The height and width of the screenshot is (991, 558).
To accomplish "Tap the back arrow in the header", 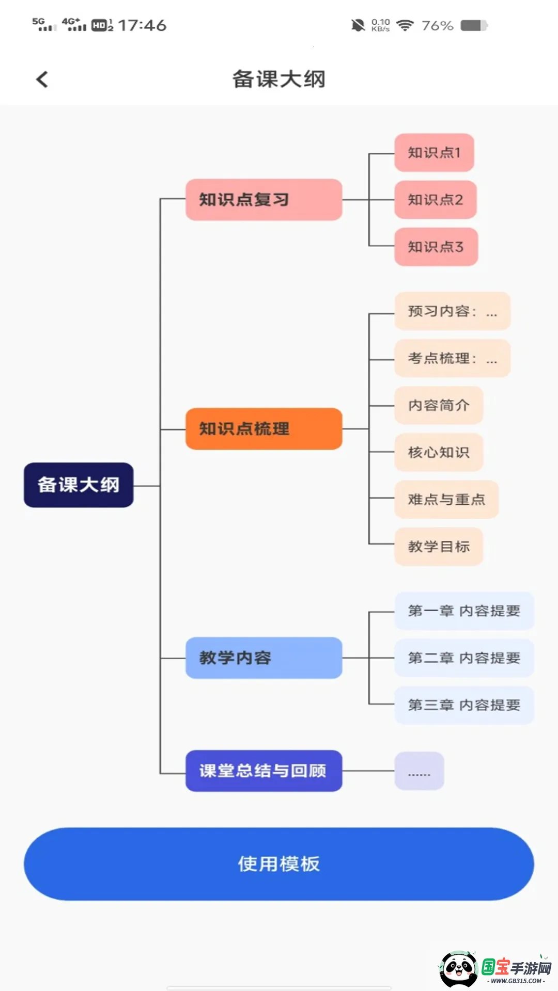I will (x=42, y=79).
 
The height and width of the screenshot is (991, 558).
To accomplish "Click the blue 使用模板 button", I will (x=279, y=864).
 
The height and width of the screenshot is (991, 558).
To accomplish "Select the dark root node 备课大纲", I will (x=79, y=485).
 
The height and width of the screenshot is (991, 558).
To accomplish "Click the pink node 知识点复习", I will (x=263, y=200).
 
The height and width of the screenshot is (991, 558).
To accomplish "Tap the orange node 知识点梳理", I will (x=263, y=429).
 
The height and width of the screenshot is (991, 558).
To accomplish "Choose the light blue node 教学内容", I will (x=263, y=658).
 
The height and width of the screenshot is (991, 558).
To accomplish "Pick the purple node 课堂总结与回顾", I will (x=263, y=771).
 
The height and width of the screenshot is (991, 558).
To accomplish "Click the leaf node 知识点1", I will (x=434, y=153).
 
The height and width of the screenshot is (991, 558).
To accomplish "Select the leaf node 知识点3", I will (x=436, y=247).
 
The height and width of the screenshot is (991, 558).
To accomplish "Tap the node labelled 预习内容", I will (x=452, y=311).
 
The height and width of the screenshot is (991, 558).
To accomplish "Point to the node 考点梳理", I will (x=452, y=358).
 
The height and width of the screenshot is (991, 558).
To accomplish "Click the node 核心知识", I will (x=439, y=453).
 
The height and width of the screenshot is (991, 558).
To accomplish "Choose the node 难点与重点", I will (x=446, y=500).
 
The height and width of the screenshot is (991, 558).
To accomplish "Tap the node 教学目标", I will (x=439, y=547).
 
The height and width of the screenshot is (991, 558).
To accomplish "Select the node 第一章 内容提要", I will (x=464, y=611).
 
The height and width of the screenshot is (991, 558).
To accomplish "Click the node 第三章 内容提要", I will (x=464, y=705).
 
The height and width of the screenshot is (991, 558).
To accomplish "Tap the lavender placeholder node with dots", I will (x=419, y=771).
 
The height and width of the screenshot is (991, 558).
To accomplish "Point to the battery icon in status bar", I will (x=474, y=25).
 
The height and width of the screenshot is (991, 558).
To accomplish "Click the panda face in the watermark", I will (x=458, y=969).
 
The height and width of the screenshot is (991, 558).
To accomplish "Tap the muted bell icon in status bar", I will (x=358, y=25).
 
